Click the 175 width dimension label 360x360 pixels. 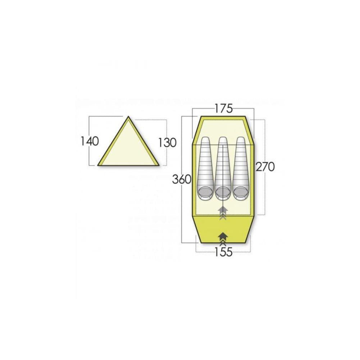point(223,109)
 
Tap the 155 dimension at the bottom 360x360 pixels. point(223,252)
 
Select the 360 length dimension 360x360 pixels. point(182,179)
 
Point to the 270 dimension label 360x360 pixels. point(265,167)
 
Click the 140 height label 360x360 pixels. point(90,141)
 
